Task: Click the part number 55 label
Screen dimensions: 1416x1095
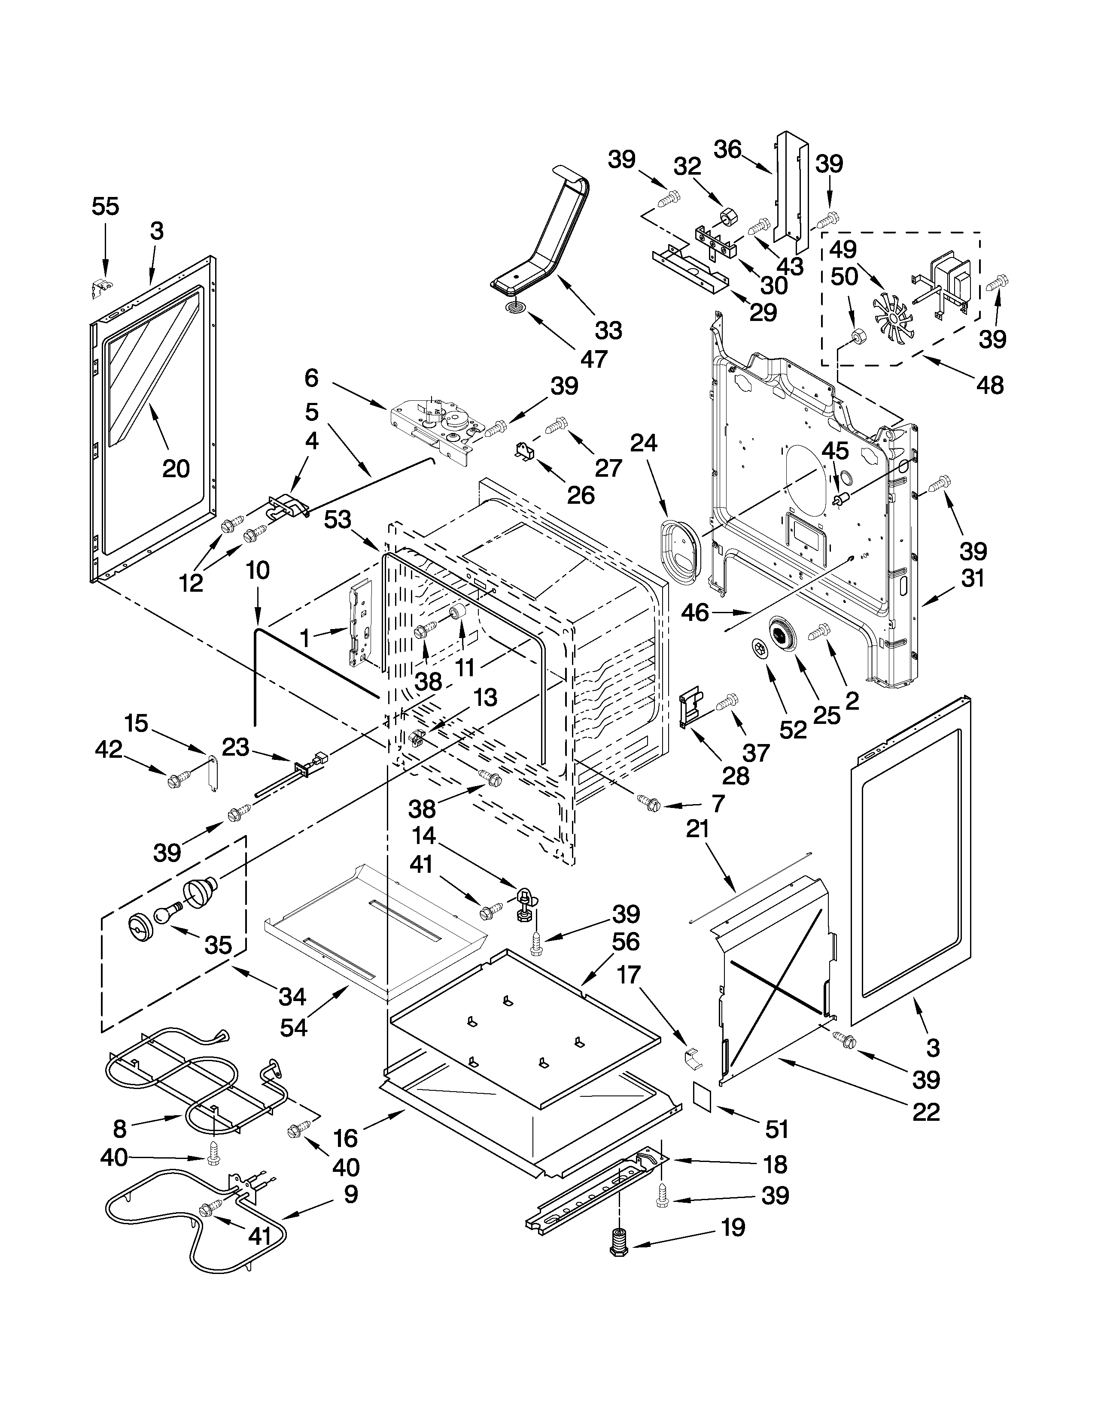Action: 106,207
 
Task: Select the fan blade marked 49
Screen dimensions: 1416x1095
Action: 893,315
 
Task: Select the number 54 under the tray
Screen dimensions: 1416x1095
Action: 293,1028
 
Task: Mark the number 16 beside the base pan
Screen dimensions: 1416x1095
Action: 346,1138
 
